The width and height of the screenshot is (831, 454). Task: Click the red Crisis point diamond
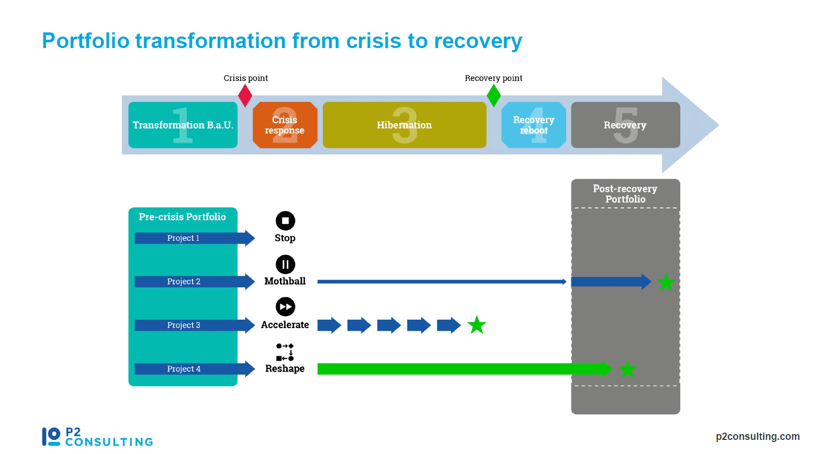point(245,96)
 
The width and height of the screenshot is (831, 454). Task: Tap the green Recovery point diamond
point(493,96)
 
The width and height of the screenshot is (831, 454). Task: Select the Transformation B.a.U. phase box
point(183,125)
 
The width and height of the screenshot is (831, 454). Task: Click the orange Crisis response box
point(285,125)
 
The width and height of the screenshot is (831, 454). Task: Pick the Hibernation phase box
point(405,125)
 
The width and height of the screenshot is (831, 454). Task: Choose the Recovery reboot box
point(533,125)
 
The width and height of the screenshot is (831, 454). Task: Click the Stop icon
point(285,220)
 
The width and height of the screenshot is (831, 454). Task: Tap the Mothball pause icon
point(285,264)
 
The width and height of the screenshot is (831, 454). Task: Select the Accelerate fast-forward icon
point(285,307)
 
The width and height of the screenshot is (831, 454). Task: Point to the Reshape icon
point(285,352)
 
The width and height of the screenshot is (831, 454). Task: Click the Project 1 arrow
point(195,238)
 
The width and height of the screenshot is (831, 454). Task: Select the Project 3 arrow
point(195,325)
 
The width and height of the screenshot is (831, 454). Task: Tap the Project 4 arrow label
point(184,369)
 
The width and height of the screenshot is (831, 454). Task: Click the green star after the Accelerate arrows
point(477,325)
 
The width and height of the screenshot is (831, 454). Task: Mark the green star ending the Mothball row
point(666,282)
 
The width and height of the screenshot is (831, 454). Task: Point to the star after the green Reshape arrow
point(627,369)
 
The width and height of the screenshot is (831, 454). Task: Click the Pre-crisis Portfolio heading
point(182,217)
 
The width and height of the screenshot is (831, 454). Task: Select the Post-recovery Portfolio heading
point(625,194)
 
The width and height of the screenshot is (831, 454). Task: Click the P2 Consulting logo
point(97,437)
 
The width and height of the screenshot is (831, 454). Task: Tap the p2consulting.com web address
point(758,437)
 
